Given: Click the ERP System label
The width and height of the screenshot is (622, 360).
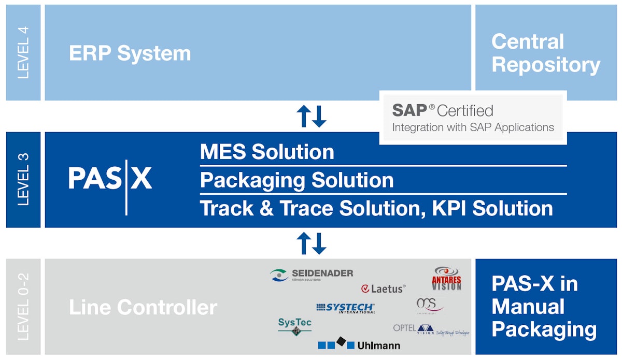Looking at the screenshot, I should (x=130, y=53).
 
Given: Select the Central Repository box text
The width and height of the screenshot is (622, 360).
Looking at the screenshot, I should (x=545, y=53).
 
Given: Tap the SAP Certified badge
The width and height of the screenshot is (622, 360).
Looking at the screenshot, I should (x=473, y=118).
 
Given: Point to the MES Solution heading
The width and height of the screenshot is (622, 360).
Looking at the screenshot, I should (x=267, y=152).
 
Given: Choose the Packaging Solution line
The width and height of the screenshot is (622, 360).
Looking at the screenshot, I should (x=296, y=180).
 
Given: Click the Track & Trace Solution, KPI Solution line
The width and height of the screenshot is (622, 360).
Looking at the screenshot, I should (x=376, y=208).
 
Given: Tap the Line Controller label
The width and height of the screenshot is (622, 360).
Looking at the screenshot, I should (x=143, y=307).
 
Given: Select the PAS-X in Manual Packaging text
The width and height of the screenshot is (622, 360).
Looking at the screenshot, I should (x=544, y=307).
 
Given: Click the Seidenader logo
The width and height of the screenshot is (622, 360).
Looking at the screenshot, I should (x=312, y=275).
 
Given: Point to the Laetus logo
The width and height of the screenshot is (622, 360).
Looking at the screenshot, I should (x=383, y=289).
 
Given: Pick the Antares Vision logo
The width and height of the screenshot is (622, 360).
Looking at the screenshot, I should (x=446, y=279).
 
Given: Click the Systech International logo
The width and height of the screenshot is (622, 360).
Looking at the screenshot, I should (x=345, y=308).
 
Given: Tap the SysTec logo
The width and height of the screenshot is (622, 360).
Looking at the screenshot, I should (x=294, y=326).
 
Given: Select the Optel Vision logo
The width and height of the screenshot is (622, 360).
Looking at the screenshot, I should (x=430, y=329).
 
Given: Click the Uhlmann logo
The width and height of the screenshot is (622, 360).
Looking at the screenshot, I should (x=359, y=344).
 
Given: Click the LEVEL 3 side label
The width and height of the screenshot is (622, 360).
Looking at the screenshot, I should (x=23, y=180).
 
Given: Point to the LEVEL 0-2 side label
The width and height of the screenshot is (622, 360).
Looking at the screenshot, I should (x=23, y=307).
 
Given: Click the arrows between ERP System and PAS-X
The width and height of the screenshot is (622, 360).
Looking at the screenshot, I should (x=311, y=116).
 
